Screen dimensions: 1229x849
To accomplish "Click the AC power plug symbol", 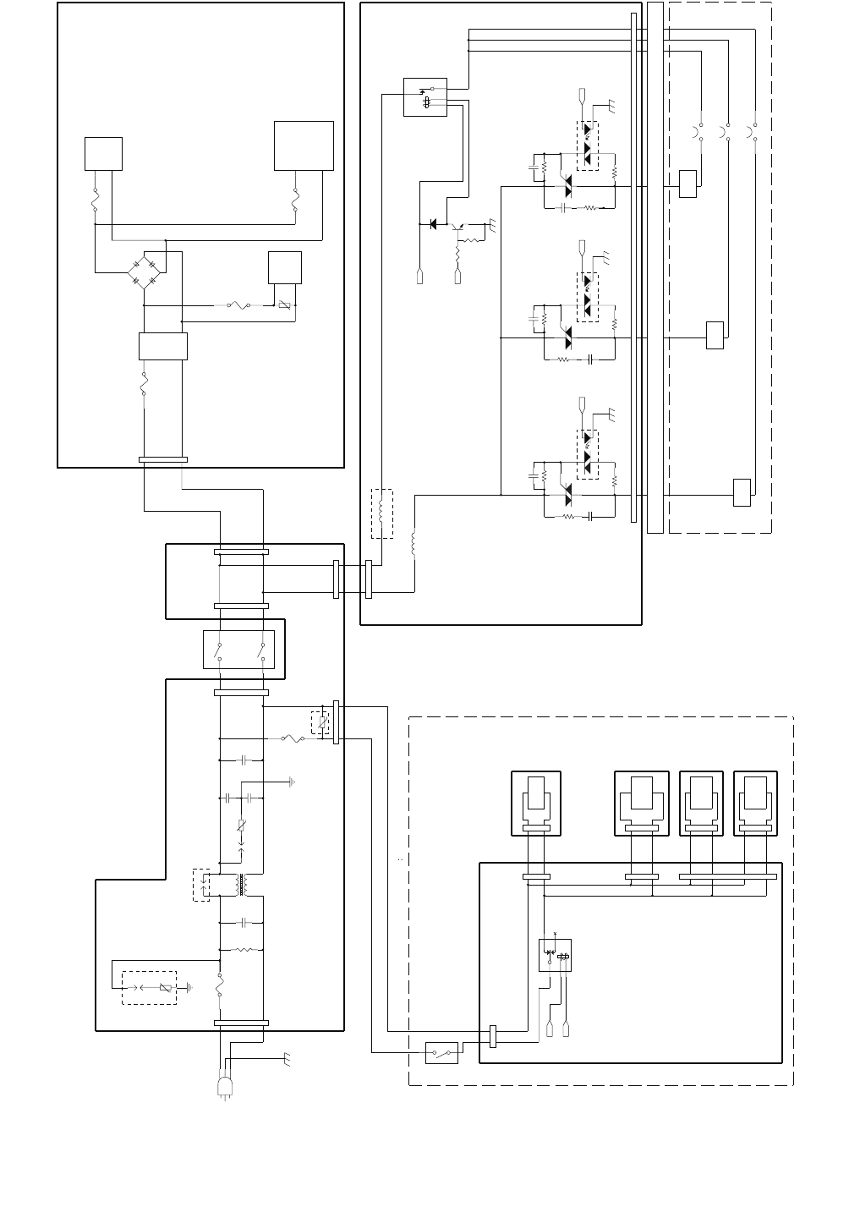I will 225,1088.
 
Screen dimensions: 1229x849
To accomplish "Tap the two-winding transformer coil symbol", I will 241,885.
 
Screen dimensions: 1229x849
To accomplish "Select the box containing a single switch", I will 441,1053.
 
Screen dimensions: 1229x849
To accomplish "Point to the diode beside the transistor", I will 434,224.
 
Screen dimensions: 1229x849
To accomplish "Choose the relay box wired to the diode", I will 425,97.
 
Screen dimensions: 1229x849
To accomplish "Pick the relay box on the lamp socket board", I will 555,955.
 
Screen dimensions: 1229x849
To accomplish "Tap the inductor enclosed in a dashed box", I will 382,513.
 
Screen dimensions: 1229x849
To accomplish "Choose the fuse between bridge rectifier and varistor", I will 241,305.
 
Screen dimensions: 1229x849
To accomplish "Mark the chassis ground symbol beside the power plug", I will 288,1058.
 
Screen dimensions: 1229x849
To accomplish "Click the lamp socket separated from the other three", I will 536,804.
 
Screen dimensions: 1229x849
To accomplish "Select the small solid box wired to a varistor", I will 285,267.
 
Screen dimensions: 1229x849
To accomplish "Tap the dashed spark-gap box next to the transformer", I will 201,885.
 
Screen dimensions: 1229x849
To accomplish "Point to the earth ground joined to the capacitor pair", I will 292,782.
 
